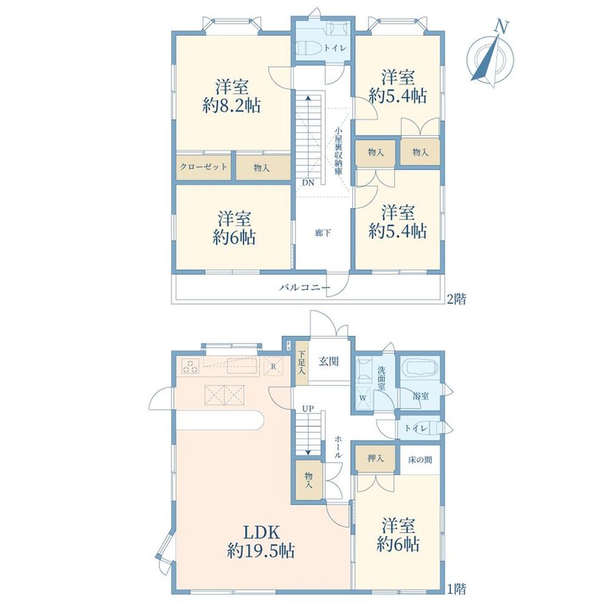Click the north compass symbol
(x=490, y=56)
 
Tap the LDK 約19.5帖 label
(x=260, y=541)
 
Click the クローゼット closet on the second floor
(x=204, y=167)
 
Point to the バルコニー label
(x=305, y=287)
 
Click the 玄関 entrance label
(x=329, y=361)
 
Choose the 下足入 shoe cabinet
(x=301, y=363)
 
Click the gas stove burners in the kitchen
(x=190, y=366)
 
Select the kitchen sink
(x=242, y=366)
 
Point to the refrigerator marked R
(x=274, y=366)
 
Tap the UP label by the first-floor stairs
(x=308, y=408)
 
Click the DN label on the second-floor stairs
(x=309, y=182)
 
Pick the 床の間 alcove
(x=420, y=460)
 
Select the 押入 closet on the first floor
(x=375, y=459)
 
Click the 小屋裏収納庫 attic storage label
(x=338, y=151)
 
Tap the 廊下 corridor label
(x=323, y=233)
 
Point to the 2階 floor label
(x=457, y=299)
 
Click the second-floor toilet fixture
(x=308, y=48)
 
